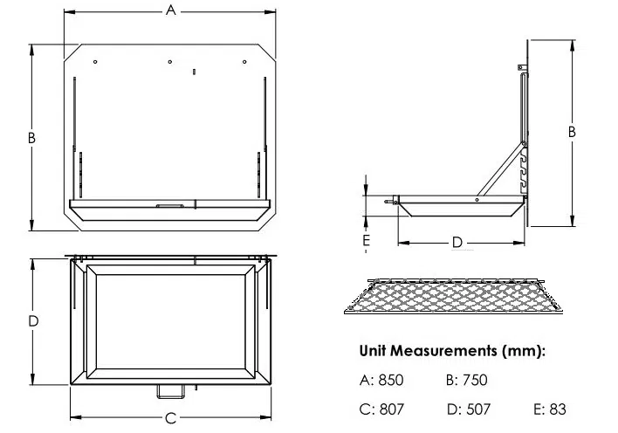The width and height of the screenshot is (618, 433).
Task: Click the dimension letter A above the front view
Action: (x=171, y=10)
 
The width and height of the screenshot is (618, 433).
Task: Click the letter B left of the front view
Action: (x=31, y=138)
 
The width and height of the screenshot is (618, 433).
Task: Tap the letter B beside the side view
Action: (x=572, y=132)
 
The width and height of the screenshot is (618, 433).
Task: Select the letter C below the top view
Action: (x=171, y=418)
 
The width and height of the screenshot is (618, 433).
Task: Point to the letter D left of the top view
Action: (x=33, y=321)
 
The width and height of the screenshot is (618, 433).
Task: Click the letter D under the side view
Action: (x=457, y=242)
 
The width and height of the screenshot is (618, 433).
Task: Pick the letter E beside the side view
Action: (x=366, y=240)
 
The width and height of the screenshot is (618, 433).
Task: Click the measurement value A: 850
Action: (x=381, y=380)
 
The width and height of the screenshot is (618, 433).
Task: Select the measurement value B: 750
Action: (x=467, y=380)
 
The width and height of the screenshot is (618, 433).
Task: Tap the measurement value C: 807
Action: (x=381, y=409)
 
